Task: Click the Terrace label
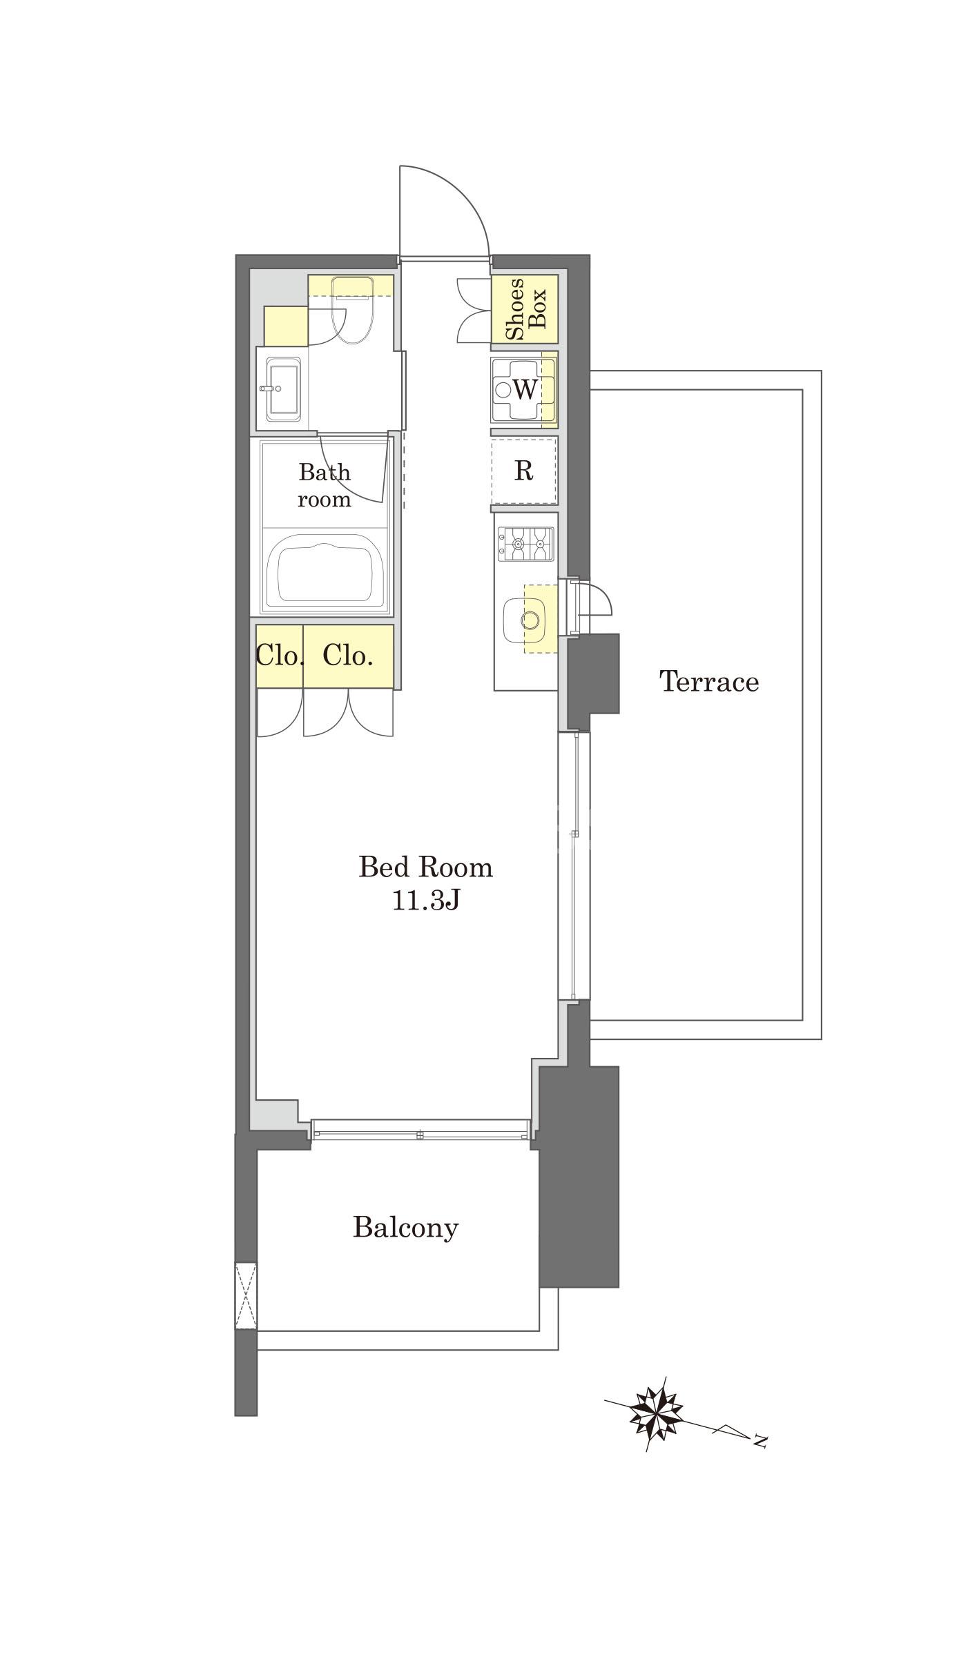[709, 681]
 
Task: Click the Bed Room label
[425, 867]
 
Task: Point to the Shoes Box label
[525, 309]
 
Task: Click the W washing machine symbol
[524, 390]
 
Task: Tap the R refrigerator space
[524, 471]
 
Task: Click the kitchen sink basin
[524, 619]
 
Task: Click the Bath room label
[325, 485]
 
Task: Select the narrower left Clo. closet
[279, 656]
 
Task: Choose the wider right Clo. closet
[348, 656]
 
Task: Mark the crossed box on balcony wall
[246, 1295]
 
